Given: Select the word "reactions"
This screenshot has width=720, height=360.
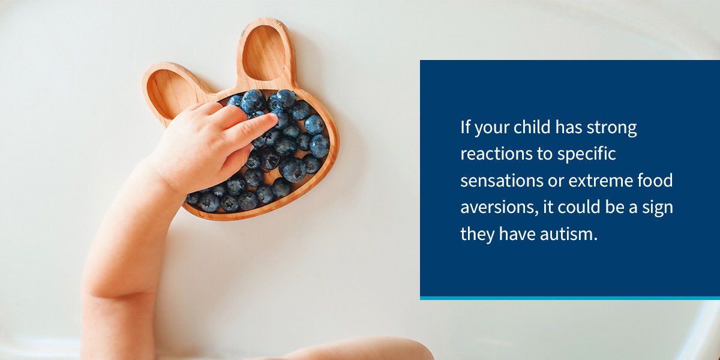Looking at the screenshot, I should [491, 154].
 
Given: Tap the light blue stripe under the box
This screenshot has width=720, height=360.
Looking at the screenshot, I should [570, 298].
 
